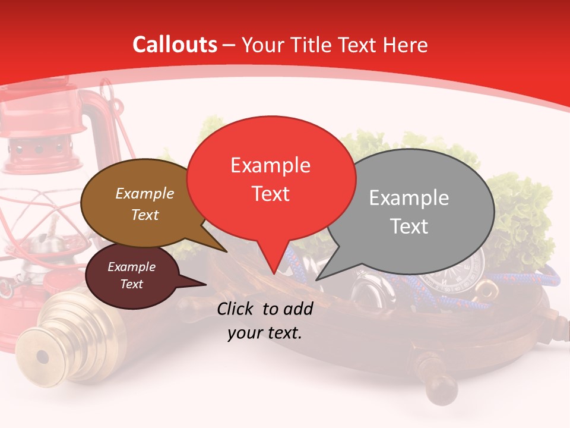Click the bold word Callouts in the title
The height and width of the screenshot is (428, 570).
tap(175, 45)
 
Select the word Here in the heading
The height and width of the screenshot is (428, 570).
tap(406, 45)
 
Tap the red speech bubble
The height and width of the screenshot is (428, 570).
tap(271, 178)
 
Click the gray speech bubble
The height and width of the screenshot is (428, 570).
tap(410, 212)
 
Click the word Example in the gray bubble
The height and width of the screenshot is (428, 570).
tap(409, 198)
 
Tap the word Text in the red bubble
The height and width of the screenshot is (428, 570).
tap(271, 194)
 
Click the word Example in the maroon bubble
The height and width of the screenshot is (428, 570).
tap(132, 267)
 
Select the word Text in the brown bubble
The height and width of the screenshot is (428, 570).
tap(145, 215)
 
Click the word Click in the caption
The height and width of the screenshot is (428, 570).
tap(236, 309)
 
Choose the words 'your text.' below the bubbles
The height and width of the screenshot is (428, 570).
tap(265, 333)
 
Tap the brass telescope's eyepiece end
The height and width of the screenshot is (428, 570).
tap(42, 357)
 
